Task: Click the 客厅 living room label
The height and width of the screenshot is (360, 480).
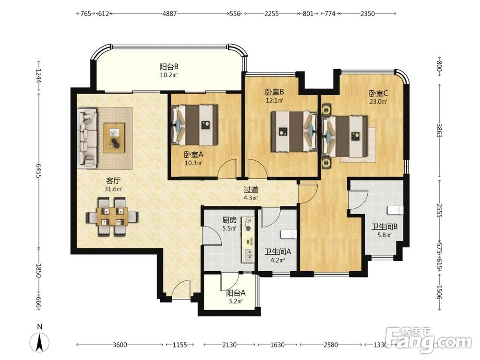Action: [x=113, y=180]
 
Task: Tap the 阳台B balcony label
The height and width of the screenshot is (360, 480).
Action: [x=169, y=67]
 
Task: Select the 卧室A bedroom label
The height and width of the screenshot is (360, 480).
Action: [x=193, y=155]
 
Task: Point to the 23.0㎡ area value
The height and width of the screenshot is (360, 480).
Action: [x=378, y=102]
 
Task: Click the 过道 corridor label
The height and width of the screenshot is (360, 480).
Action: [x=251, y=190]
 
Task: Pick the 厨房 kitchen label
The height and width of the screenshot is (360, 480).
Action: [x=229, y=220]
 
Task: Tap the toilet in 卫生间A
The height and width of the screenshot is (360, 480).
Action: [x=288, y=234]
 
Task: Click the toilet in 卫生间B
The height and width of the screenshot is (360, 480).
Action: [x=395, y=210]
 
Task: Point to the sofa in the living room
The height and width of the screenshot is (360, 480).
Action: [x=87, y=138]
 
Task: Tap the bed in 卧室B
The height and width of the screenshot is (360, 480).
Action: [x=294, y=132]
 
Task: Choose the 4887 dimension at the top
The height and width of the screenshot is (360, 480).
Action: [x=169, y=13]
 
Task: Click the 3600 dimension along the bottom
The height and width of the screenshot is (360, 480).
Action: [x=120, y=345]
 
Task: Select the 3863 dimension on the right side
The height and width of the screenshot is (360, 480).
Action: [x=439, y=131]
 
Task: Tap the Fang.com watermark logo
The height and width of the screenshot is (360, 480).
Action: [x=429, y=340]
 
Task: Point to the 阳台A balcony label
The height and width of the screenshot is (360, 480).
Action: [x=236, y=293]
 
